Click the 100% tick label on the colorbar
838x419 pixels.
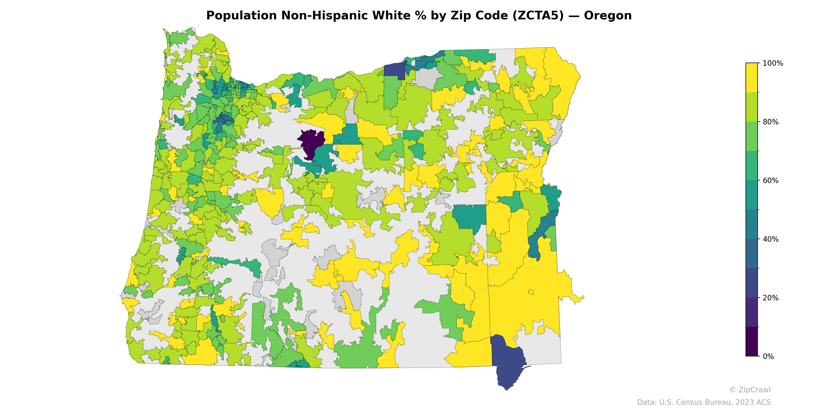773,63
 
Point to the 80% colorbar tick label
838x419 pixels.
770,122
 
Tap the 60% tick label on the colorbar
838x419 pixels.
770,180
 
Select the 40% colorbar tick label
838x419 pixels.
770,239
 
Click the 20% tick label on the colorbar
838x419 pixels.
770,298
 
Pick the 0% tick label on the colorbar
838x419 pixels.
768,356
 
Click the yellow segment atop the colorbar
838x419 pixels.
752,78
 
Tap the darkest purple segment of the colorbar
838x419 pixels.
752,341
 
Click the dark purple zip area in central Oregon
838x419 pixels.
311,141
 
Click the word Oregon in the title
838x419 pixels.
607,16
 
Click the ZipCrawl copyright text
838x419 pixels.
749,390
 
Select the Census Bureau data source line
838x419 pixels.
704,403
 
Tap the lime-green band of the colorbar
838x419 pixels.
752,107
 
